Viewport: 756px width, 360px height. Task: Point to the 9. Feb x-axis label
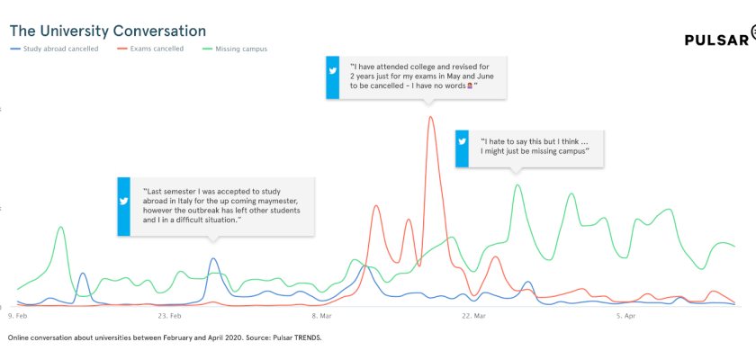17,316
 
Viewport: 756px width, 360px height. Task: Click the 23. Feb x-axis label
168,316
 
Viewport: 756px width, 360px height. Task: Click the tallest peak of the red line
430,117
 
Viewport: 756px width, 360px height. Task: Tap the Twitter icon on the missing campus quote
463,142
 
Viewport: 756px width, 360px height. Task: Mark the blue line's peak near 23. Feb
213,259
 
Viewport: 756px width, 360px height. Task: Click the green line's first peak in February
60,227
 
